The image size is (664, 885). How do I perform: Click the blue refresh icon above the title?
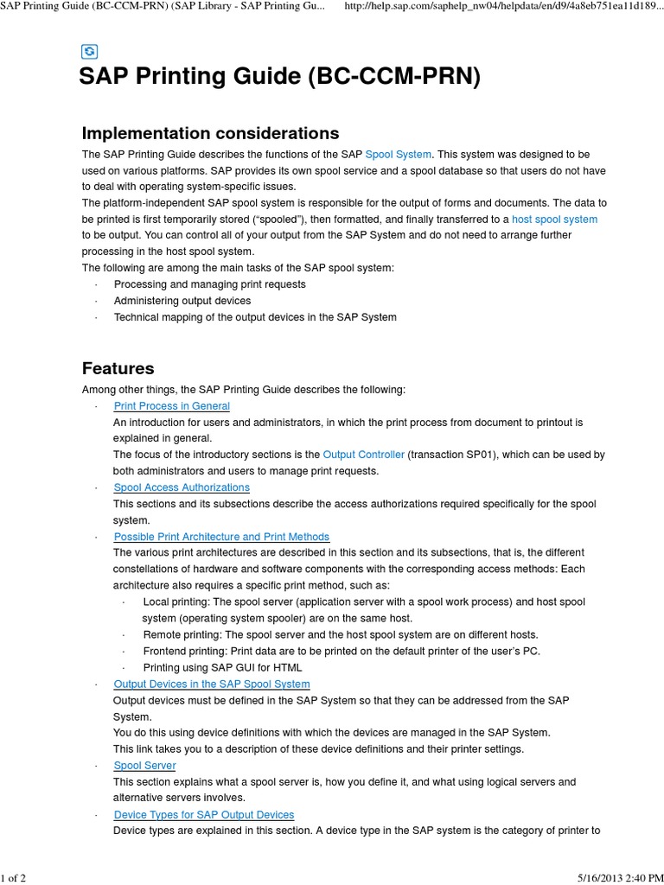[89, 52]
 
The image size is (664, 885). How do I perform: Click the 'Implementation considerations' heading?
[210, 133]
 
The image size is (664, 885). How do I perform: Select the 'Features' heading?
[118, 368]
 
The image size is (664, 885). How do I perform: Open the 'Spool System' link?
[399, 154]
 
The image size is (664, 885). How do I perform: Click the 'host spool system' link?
[554, 220]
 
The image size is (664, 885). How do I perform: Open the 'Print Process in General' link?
[172, 406]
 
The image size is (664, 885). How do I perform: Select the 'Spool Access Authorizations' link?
[182, 487]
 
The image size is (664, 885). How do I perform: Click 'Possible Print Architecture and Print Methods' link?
[221, 537]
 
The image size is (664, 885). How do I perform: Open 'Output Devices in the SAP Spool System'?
[212, 684]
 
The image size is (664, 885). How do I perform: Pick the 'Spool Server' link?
[144, 766]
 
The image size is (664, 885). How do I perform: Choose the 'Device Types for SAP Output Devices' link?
[204, 815]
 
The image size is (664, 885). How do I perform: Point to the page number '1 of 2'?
[14, 879]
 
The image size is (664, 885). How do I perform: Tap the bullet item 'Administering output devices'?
[182, 301]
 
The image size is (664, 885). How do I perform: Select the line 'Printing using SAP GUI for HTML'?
[222, 667]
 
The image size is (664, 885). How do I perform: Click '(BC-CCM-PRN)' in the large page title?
[393, 78]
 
